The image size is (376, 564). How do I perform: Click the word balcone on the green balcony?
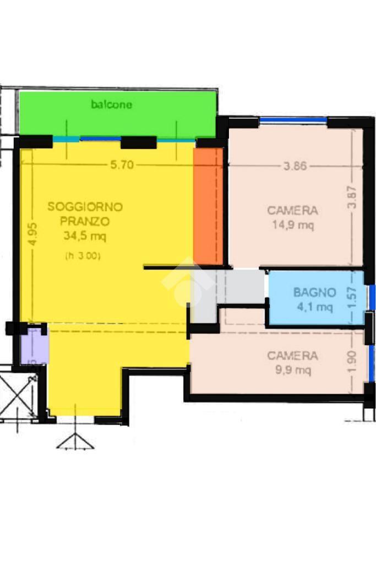click(111, 105)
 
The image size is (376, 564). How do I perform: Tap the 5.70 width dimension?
click(122, 165)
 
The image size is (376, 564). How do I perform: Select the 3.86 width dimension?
click(295, 166)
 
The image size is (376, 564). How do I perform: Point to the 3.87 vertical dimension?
click(352, 196)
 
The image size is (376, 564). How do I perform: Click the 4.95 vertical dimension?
click(32, 234)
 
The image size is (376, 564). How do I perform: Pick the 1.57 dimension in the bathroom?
click(352, 297)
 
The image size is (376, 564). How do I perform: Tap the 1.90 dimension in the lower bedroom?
click(352, 362)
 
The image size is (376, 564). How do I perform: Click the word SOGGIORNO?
click(85, 207)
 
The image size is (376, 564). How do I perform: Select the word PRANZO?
click(85, 221)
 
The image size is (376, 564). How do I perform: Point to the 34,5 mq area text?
click(85, 236)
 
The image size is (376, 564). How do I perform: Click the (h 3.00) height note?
click(83, 256)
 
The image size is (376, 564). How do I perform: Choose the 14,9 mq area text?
click(293, 225)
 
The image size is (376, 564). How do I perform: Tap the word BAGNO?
click(314, 292)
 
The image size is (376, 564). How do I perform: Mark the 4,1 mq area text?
click(314, 307)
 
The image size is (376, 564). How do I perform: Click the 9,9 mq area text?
click(293, 370)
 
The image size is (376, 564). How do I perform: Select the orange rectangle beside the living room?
click(208, 206)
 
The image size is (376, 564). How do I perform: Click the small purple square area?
click(35, 346)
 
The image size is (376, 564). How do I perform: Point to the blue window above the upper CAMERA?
click(293, 120)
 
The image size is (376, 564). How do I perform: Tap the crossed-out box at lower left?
click(18, 394)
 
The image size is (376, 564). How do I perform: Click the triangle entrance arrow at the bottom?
click(75, 442)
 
